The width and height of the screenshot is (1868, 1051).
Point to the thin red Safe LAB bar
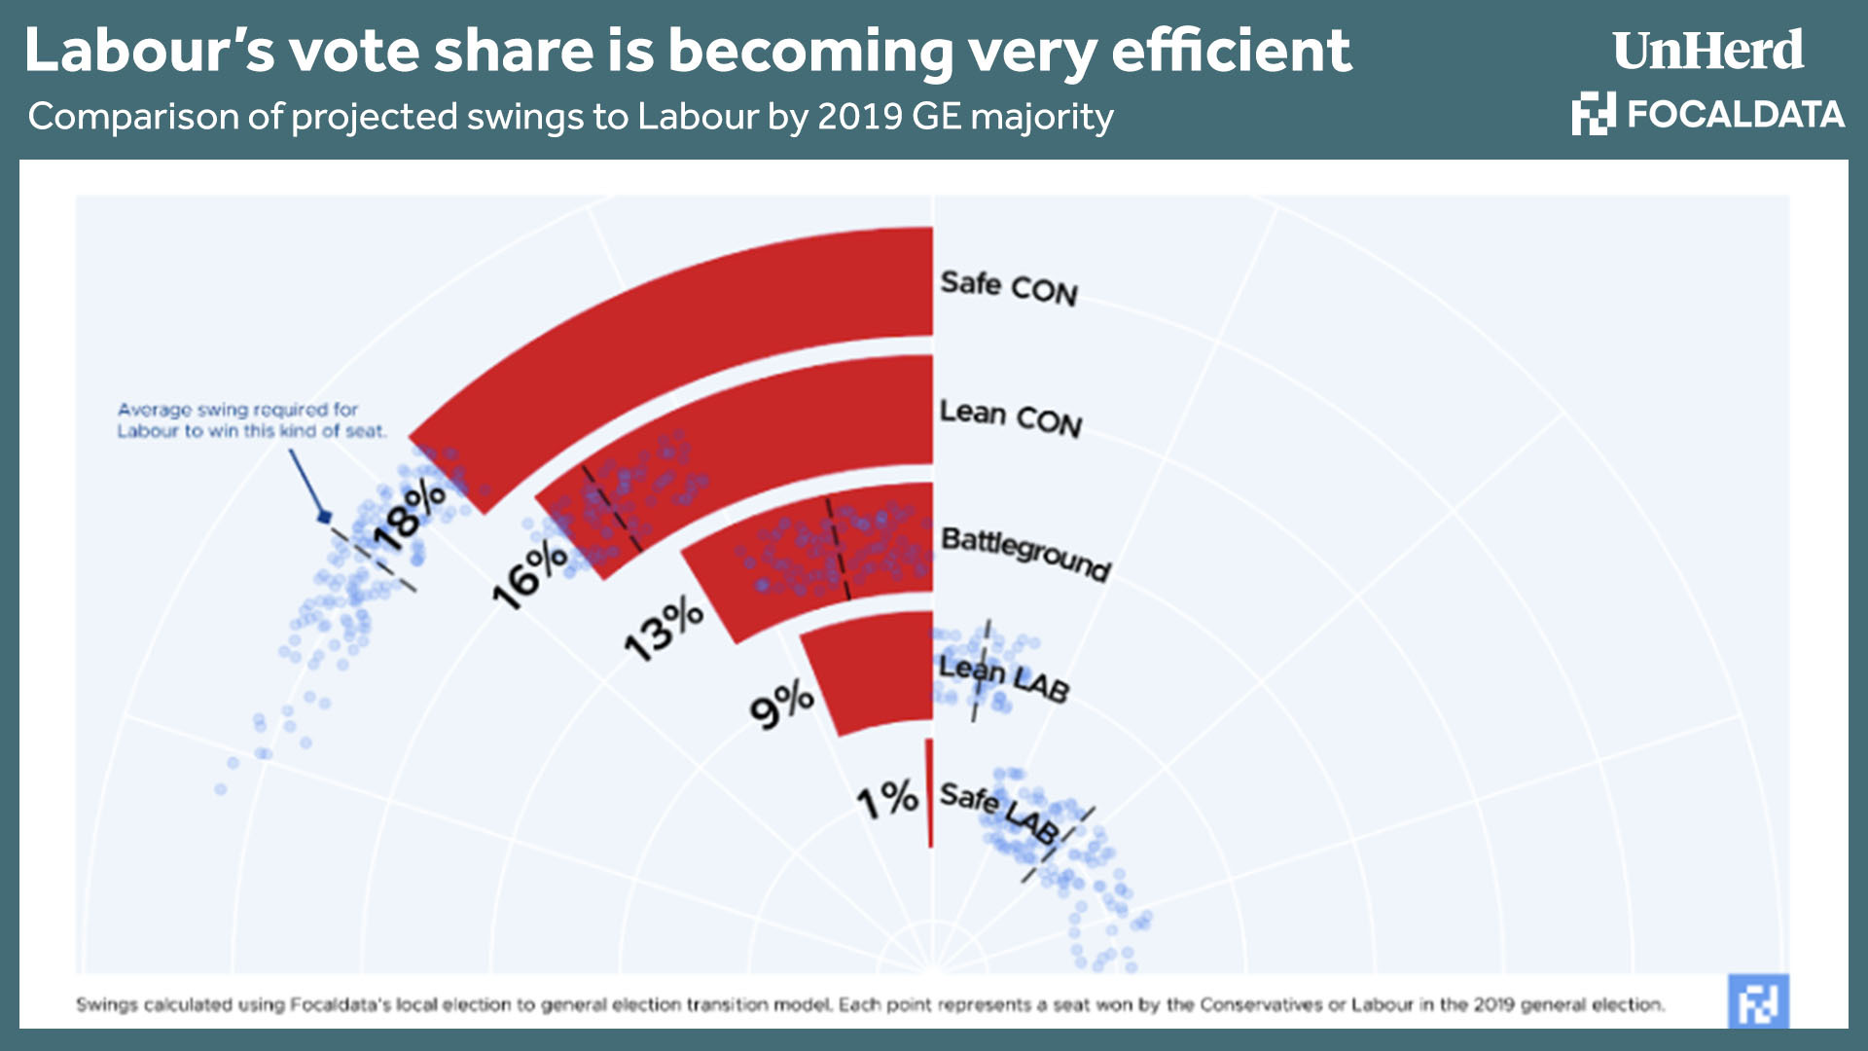(x=930, y=793)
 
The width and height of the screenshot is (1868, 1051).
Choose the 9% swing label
(x=781, y=703)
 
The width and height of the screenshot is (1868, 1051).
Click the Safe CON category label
(x=1009, y=288)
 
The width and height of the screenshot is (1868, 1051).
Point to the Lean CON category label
(x=1010, y=417)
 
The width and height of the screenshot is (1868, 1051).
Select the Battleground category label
(x=1025, y=553)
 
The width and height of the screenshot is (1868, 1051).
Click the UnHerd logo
(x=1707, y=51)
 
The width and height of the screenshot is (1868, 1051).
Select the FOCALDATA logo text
(x=1735, y=115)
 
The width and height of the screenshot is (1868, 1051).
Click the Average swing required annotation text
(x=251, y=420)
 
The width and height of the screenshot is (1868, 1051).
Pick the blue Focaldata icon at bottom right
(x=1758, y=1001)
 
